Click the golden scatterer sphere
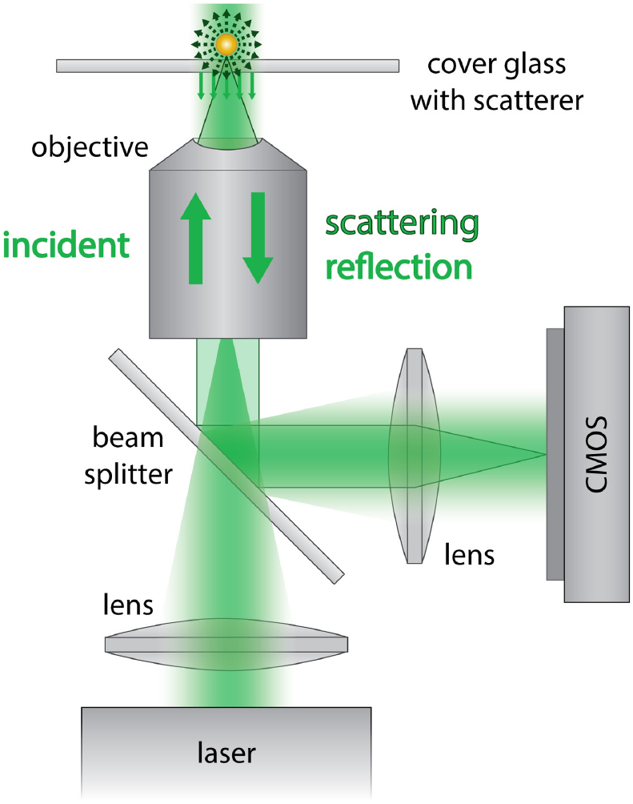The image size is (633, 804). coord(227,45)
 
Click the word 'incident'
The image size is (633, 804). coord(66,245)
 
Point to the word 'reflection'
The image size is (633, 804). coord(397,268)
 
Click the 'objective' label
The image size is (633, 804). coord(90,147)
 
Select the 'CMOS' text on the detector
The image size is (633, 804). coord(597,454)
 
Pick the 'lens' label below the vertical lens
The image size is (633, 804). coord(471,554)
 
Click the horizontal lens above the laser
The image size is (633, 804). coord(226,644)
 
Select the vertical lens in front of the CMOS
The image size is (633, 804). coord(414,455)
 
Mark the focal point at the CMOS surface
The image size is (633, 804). coord(546,455)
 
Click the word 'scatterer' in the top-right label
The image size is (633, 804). coord(533,101)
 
